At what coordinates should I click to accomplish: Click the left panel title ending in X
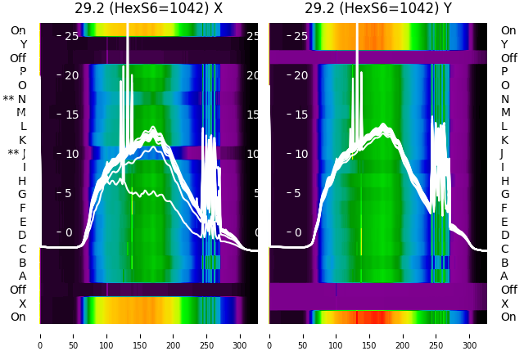coord(149,9)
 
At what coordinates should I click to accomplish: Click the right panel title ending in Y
coord(378,9)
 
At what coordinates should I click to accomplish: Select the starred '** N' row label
coord(15,99)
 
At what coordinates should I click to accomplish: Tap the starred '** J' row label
coord(17,154)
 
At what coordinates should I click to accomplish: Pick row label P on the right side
coord(505,72)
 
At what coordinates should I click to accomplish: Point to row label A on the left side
coord(22,276)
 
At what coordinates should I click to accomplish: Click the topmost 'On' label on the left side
coord(18,30)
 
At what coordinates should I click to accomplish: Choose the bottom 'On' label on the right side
coord(508,317)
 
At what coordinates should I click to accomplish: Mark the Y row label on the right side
coord(505,44)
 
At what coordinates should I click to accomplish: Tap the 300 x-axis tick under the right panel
coord(470,335)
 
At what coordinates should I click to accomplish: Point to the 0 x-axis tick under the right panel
coord(269,335)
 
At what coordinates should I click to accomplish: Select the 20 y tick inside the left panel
coord(68,75)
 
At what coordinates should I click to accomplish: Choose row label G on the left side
coord(22,194)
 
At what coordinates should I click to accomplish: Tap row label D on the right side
coord(505,235)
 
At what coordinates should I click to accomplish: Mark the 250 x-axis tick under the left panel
coord(207,335)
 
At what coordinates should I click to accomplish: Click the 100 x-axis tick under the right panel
coord(337,335)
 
